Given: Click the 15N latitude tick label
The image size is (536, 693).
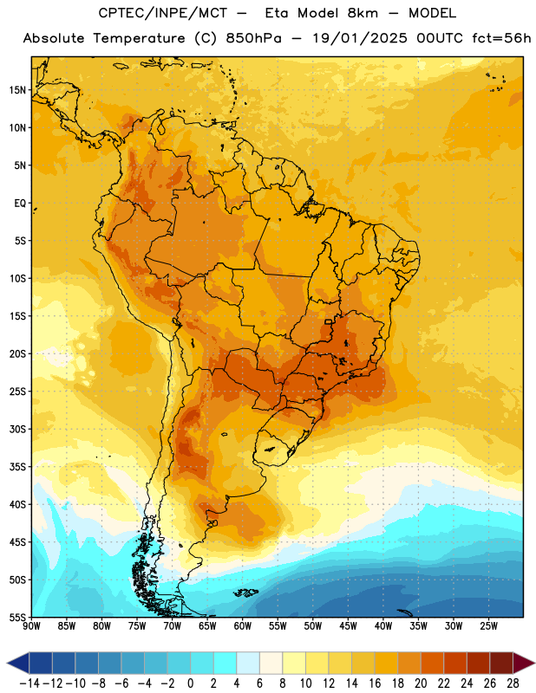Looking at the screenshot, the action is click(x=18, y=90).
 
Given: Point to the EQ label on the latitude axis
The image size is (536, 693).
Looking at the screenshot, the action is click(x=20, y=204).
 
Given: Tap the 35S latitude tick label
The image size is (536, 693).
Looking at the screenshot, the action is click(x=18, y=467).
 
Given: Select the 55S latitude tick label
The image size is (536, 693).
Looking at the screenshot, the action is click(x=18, y=618).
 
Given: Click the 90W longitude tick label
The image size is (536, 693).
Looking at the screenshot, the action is click(x=31, y=626).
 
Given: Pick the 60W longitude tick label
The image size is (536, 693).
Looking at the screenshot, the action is click(x=243, y=626).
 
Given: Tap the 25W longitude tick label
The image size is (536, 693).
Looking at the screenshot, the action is click(x=489, y=626).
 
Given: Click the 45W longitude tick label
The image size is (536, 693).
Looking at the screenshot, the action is click(x=349, y=626).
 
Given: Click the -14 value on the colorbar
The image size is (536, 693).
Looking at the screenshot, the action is click(x=29, y=683).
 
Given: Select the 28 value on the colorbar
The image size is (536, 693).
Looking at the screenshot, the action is click(x=513, y=683).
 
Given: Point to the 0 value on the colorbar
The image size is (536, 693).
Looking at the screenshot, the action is click(x=191, y=683).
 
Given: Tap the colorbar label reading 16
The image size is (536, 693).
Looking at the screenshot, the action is click(x=375, y=683).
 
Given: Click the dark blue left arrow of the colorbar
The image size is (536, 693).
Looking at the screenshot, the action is click(x=18, y=663).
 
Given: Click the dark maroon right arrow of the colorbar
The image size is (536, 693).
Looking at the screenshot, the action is click(x=524, y=663).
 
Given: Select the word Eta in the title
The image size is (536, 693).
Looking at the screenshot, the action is click(x=277, y=13).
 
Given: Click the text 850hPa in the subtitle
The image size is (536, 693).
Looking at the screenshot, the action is click(x=253, y=38).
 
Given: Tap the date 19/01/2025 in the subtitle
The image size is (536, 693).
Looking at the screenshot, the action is click(x=359, y=38).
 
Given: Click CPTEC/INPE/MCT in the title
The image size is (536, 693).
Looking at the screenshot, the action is click(x=162, y=13).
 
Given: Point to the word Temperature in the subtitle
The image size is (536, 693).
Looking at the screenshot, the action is click(x=139, y=38).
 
